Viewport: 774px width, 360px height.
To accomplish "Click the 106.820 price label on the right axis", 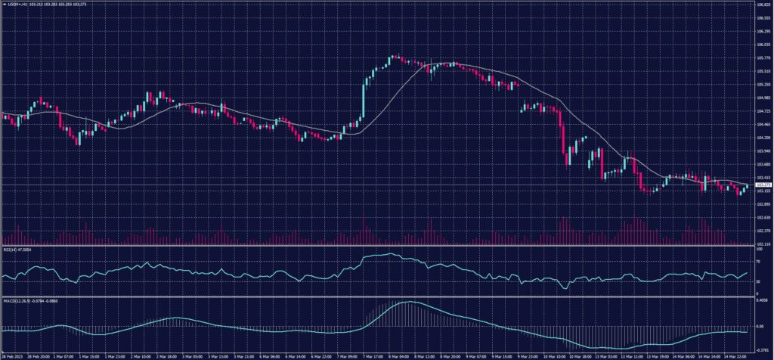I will coord(761,5).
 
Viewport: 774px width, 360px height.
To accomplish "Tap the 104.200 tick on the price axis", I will coord(761,138).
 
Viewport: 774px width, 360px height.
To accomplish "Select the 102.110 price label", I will coord(761,244).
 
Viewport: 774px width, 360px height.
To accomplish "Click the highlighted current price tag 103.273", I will coord(761,185).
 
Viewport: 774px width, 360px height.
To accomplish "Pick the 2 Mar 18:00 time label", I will coord(167,355).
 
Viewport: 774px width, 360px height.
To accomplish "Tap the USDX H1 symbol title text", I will coord(15,5).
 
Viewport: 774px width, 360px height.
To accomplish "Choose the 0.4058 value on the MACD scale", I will coord(760,300).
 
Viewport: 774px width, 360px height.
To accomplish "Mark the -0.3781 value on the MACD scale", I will coord(760,349).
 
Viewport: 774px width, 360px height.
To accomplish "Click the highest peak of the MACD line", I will coord(405,302).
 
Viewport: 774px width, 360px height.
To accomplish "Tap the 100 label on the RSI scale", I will coord(757,248).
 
